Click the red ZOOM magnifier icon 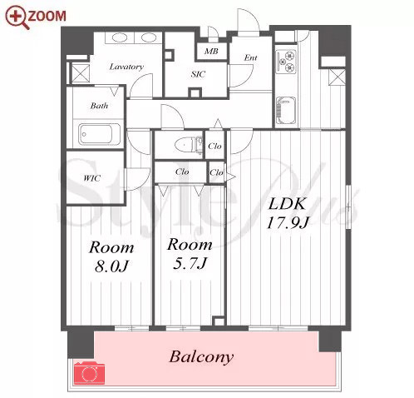tap(17, 17)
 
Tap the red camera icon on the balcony tap(89, 372)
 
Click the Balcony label tap(201, 357)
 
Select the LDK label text tap(287, 203)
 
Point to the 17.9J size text tap(288, 222)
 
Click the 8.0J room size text tap(111, 266)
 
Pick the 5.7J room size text tap(190, 263)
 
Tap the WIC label tap(91, 178)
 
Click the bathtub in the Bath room tap(99, 134)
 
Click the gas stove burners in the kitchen tap(286, 62)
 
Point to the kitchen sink tap(286, 110)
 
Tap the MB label tap(211, 51)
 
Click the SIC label tap(198, 74)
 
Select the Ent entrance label tap(250, 57)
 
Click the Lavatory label tap(126, 67)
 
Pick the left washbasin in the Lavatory tap(120, 37)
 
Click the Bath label tap(99, 106)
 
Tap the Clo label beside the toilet tap(214, 146)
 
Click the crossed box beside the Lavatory tap(81, 73)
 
